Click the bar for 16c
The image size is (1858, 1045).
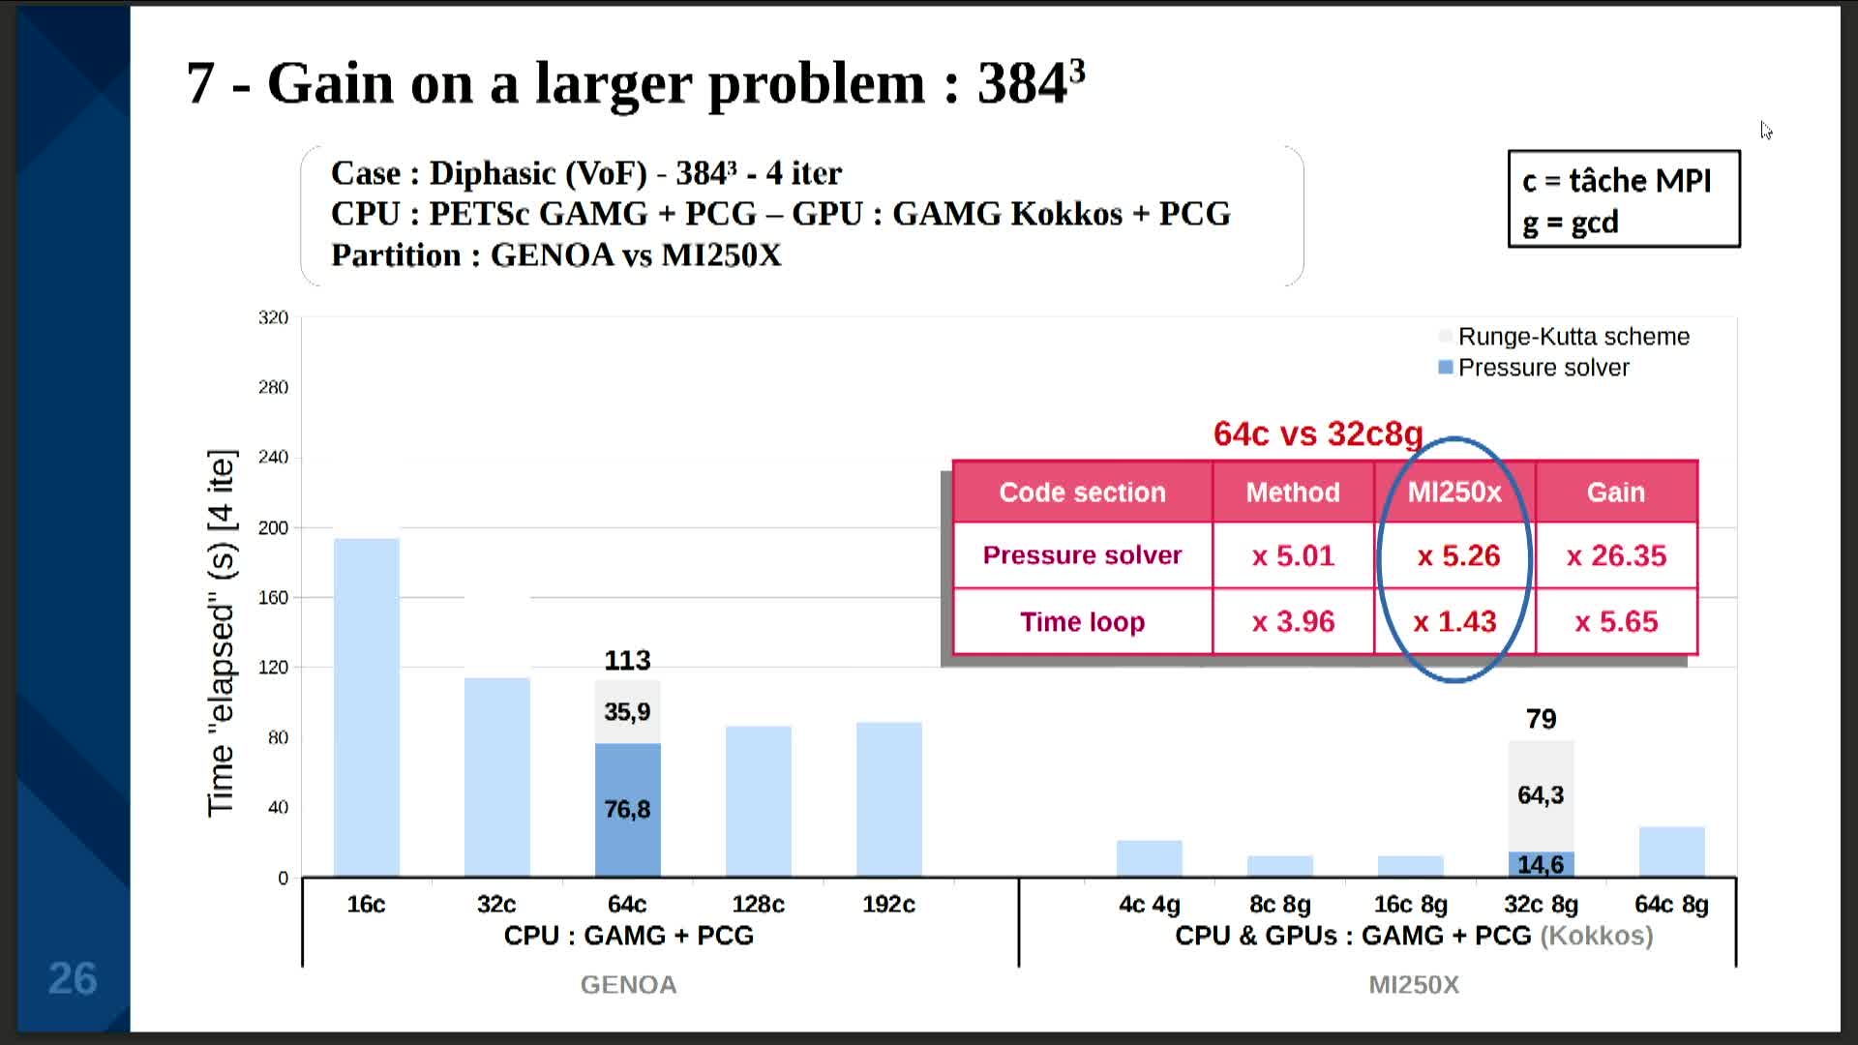click(x=367, y=707)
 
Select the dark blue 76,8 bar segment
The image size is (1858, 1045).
click(x=627, y=810)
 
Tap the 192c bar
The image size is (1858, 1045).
click(x=888, y=799)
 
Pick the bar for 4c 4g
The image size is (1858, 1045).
click(x=1149, y=858)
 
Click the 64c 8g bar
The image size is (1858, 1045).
click(x=1671, y=851)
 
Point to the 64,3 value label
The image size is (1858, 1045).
click(x=1541, y=795)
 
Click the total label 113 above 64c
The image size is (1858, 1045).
click(x=627, y=661)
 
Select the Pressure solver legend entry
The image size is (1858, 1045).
click(x=1543, y=368)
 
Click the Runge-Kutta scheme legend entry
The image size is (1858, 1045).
click(x=1573, y=337)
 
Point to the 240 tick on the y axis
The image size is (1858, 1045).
click(x=273, y=457)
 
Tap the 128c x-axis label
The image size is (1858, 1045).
click(x=758, y=904)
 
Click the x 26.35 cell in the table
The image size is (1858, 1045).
click(x=1616, y=555)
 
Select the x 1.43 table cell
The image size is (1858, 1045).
click(x=1454, y=621)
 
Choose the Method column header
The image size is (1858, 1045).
click(x=1293, y=493)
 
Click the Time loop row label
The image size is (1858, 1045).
click(x=1082, y=621)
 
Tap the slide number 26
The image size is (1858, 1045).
click(x=73, y=979)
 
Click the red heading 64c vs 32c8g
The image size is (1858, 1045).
click(x=1318, y=433)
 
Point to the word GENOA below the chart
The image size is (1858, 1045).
click(x=628, y=985)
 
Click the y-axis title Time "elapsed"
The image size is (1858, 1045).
click(x=222, y=633)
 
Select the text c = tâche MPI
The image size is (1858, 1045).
click(x=1616, y=181)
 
